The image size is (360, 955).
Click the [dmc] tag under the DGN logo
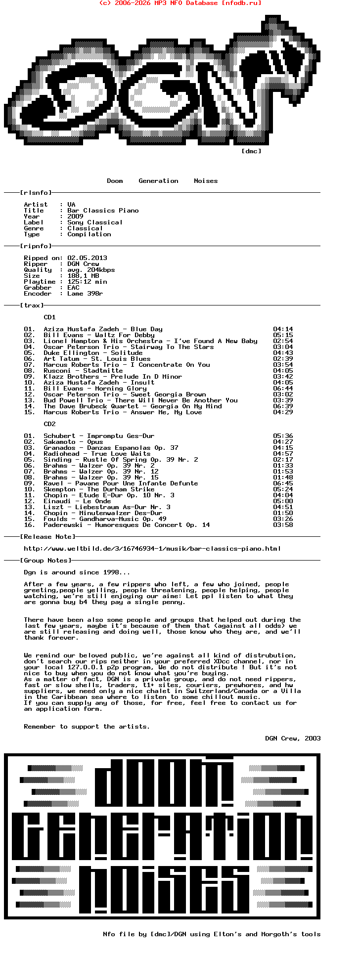pyautogui.click(x=251, y=151)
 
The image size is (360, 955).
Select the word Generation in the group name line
pyautogui.click(x=158, y=181)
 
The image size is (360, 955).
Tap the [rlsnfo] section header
pyautogui.click(x=36, y=193)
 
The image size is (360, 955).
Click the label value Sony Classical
pyautogui.click(x=95, y=222)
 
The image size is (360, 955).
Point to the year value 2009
pyautogui.click(x=75, y=217)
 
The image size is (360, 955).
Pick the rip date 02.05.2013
pyautogui.click(x=87, y=258)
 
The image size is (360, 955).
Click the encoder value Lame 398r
pyautogui.click(x=85, y=294)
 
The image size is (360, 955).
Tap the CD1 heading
pyautogui.click(x=49, y=317)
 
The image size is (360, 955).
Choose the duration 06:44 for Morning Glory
pyautogui.click(x=283, y=389)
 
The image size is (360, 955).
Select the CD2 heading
pyautogui.click(x=49, y=424)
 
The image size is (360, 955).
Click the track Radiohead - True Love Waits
pyautogui.click(x=97, y=454)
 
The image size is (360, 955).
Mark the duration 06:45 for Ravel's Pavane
pyautogui.click(x=283, y=483)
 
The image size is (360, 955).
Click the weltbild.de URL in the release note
pyautogui.click(x=152, y=549)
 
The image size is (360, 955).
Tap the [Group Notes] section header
pyautogui.click(x=45, y=561)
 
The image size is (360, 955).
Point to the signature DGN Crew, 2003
pyautogui.click(x=293, y=738)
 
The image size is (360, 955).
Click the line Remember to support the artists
pyautogui.click(x=87, y=727)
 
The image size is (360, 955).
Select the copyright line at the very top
pyautogui.click(x=180, y=3)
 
